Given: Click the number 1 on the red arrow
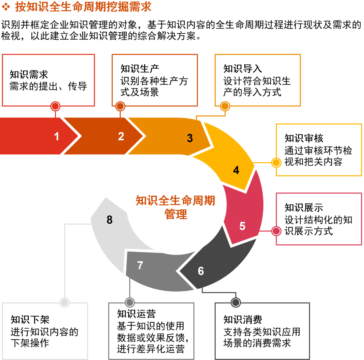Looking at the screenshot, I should coord(57,136).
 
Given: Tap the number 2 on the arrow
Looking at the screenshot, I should coord(121,136).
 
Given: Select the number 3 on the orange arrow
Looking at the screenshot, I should coord(190,138).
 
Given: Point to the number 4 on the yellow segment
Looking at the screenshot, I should coord(236,170).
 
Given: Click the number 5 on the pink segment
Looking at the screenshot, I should coord(242,226).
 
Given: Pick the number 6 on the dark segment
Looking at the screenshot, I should coord(201,271).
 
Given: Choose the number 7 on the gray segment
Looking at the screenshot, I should coord(140,265).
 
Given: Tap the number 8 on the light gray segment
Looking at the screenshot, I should coord(110,220).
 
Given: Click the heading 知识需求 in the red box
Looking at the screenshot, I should coord(29,74).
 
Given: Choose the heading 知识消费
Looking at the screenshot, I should coord(243,320).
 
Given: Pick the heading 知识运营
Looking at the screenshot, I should coord(136,314).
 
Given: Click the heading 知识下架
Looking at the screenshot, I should coord(30,320).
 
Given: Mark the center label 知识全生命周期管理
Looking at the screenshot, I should coord(175,207).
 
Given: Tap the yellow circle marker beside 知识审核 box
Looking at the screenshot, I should coord(276,163).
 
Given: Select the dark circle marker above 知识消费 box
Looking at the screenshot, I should coord(236,302).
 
